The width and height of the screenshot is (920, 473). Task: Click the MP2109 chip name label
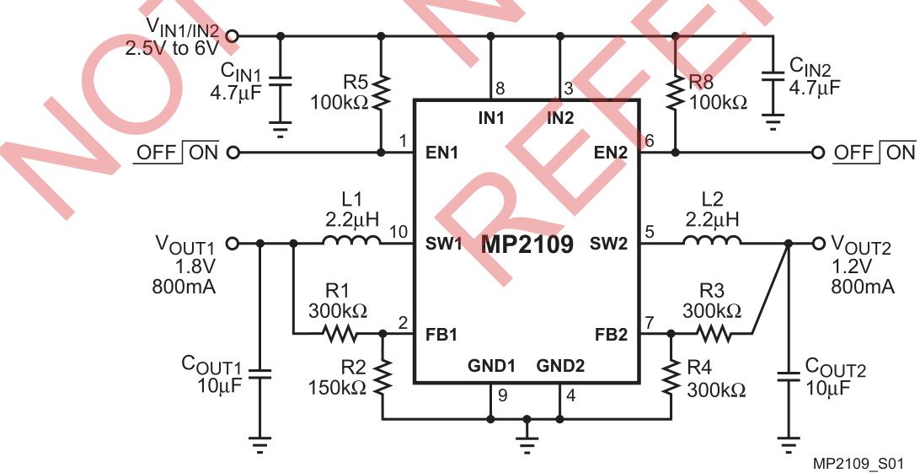point(527,246)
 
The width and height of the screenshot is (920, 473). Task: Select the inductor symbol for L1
point(351,243)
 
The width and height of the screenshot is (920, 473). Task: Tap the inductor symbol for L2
point(712,243)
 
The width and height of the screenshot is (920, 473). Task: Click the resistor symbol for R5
point(381,94)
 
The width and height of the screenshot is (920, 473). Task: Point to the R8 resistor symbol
point(675,94)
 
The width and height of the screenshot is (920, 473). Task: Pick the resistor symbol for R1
point(341,333)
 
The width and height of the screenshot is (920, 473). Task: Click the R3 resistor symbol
point(713,333)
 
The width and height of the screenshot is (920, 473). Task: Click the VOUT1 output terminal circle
point(233,243)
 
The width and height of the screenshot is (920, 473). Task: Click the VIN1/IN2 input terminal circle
point(233,35)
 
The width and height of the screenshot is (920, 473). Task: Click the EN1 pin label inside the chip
point(441,153)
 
